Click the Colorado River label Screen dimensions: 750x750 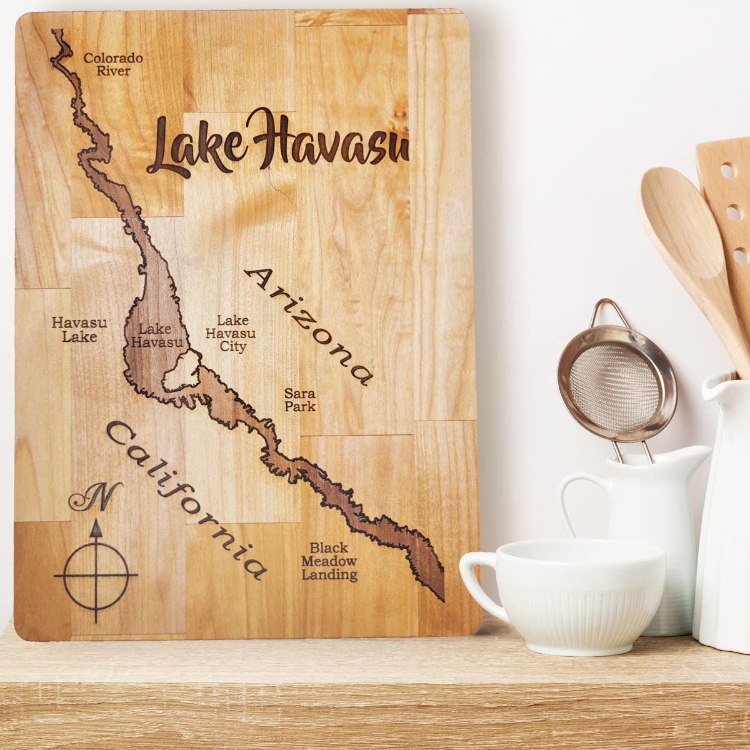point(113,64)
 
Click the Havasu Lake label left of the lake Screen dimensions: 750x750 point(79,329)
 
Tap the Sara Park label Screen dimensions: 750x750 point(299,400)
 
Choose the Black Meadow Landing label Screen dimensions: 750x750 point(329,561)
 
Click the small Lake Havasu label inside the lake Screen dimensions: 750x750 point(154,335)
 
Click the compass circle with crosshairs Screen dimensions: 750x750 point(96,574)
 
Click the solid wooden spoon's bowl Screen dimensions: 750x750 point(678,219)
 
